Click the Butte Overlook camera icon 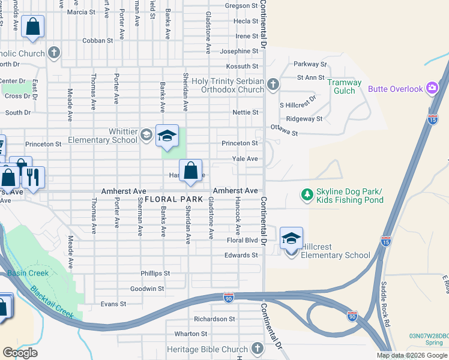[432, 89]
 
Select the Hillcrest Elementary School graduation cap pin [291, 238]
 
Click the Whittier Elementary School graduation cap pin [167, 136]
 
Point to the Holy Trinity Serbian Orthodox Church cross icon [273, 84]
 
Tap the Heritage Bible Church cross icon [257, 349]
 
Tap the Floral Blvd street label [242, 241]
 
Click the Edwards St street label [241, 255]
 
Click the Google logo [20, 353]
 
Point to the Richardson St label [214, 319]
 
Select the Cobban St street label [98, 41]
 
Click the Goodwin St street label [147, 289]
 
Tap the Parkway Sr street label [310, 64]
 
